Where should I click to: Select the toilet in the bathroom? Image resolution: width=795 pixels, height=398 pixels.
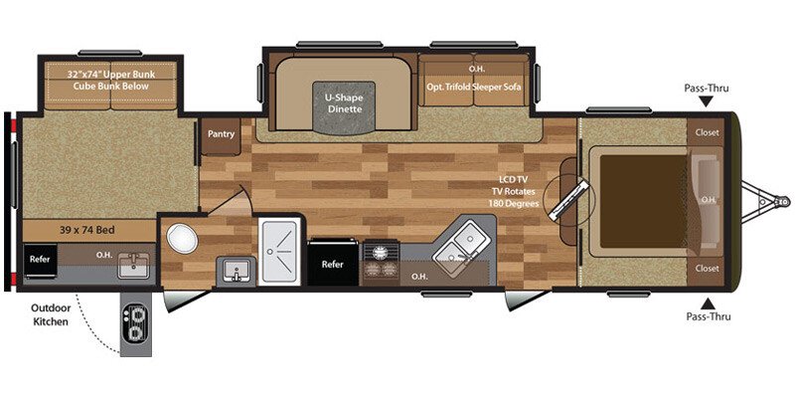pos(182,239)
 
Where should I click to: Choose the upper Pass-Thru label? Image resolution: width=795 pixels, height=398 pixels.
pos(707,89)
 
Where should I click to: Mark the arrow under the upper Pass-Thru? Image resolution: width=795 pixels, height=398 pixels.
pos(707,101)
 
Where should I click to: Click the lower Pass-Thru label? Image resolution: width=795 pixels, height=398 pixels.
pos(707,315)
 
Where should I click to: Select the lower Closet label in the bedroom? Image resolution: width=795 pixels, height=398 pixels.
pos(707,268)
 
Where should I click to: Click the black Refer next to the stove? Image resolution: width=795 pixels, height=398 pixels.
pos(333,265)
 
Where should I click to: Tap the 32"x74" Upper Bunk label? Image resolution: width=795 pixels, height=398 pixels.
pos(111,80)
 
